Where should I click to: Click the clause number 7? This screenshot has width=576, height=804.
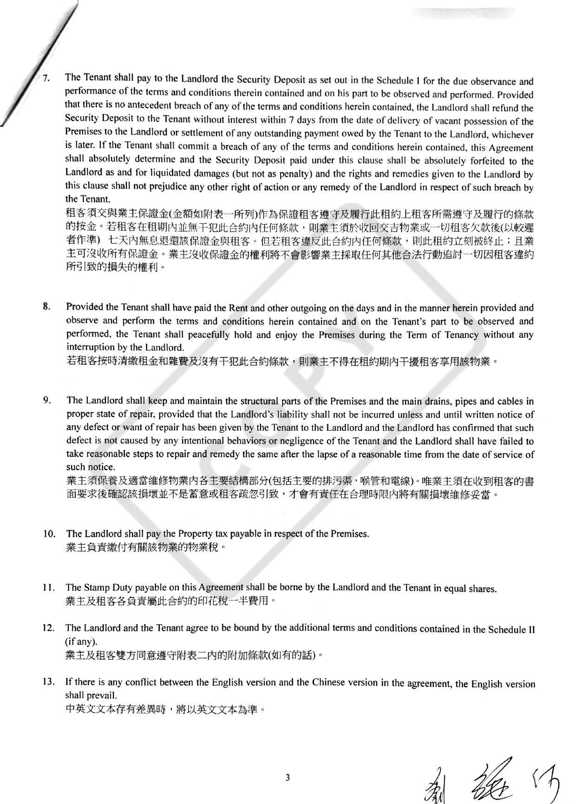tap(46, 78)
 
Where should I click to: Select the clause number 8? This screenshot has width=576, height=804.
tap(46, 306)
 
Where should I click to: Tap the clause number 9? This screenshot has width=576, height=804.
tap(46, 400)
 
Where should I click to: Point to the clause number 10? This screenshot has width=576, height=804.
tap(49, 533)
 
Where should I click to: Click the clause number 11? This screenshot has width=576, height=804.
tap(48, 587)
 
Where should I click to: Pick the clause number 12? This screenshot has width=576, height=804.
tap(48, 628)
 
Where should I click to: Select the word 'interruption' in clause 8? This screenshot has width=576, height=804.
tap(89, 347)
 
